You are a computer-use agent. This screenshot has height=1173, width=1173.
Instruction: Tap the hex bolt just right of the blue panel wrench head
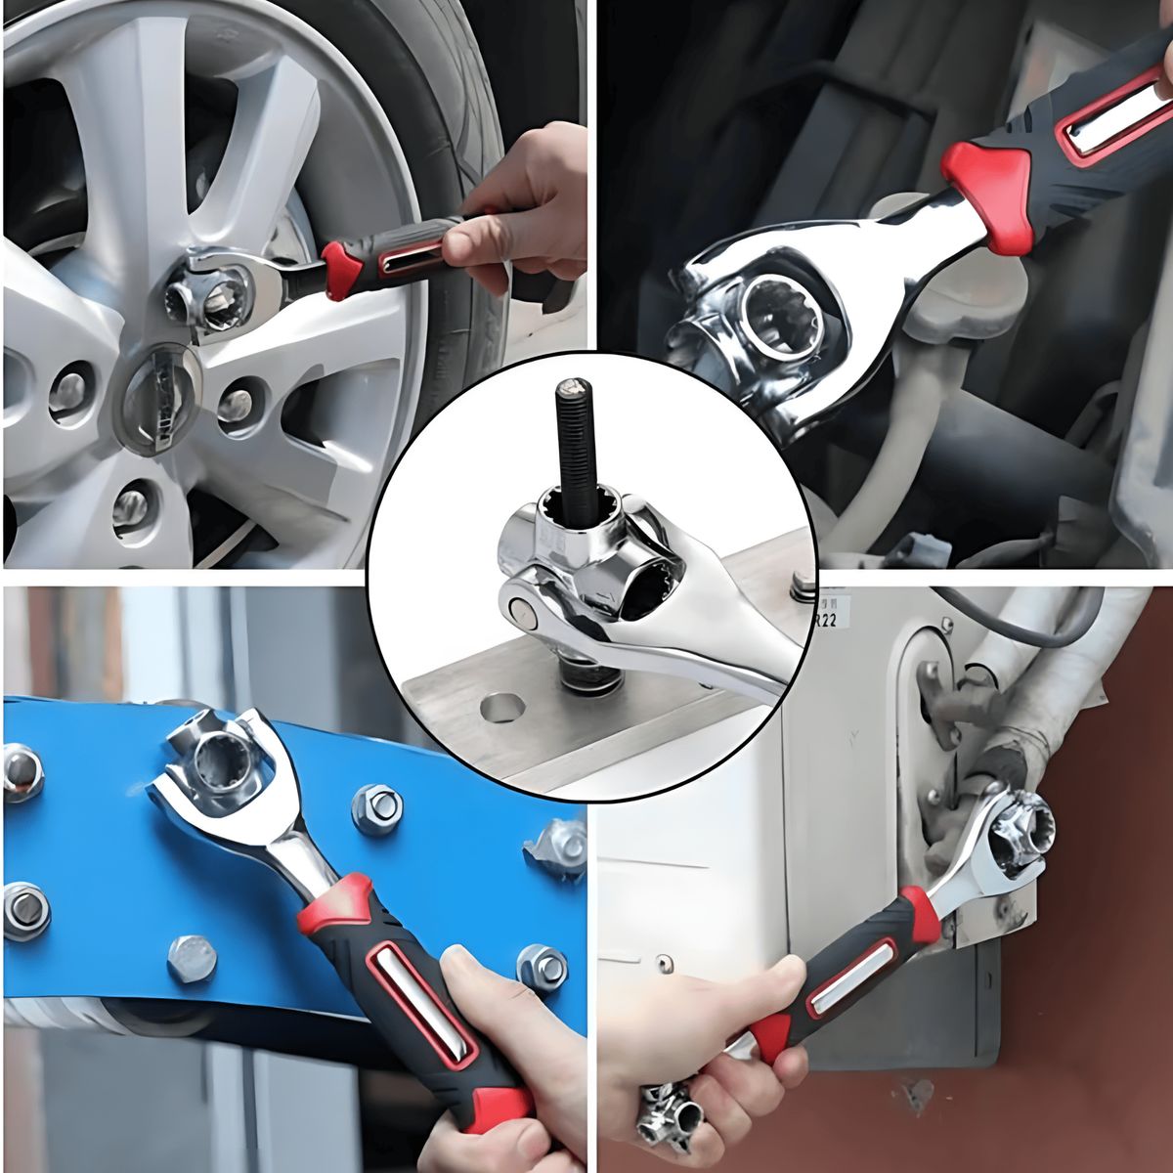coord(376,809)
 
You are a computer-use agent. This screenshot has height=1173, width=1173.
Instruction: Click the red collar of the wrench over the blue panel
coord(337,904)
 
